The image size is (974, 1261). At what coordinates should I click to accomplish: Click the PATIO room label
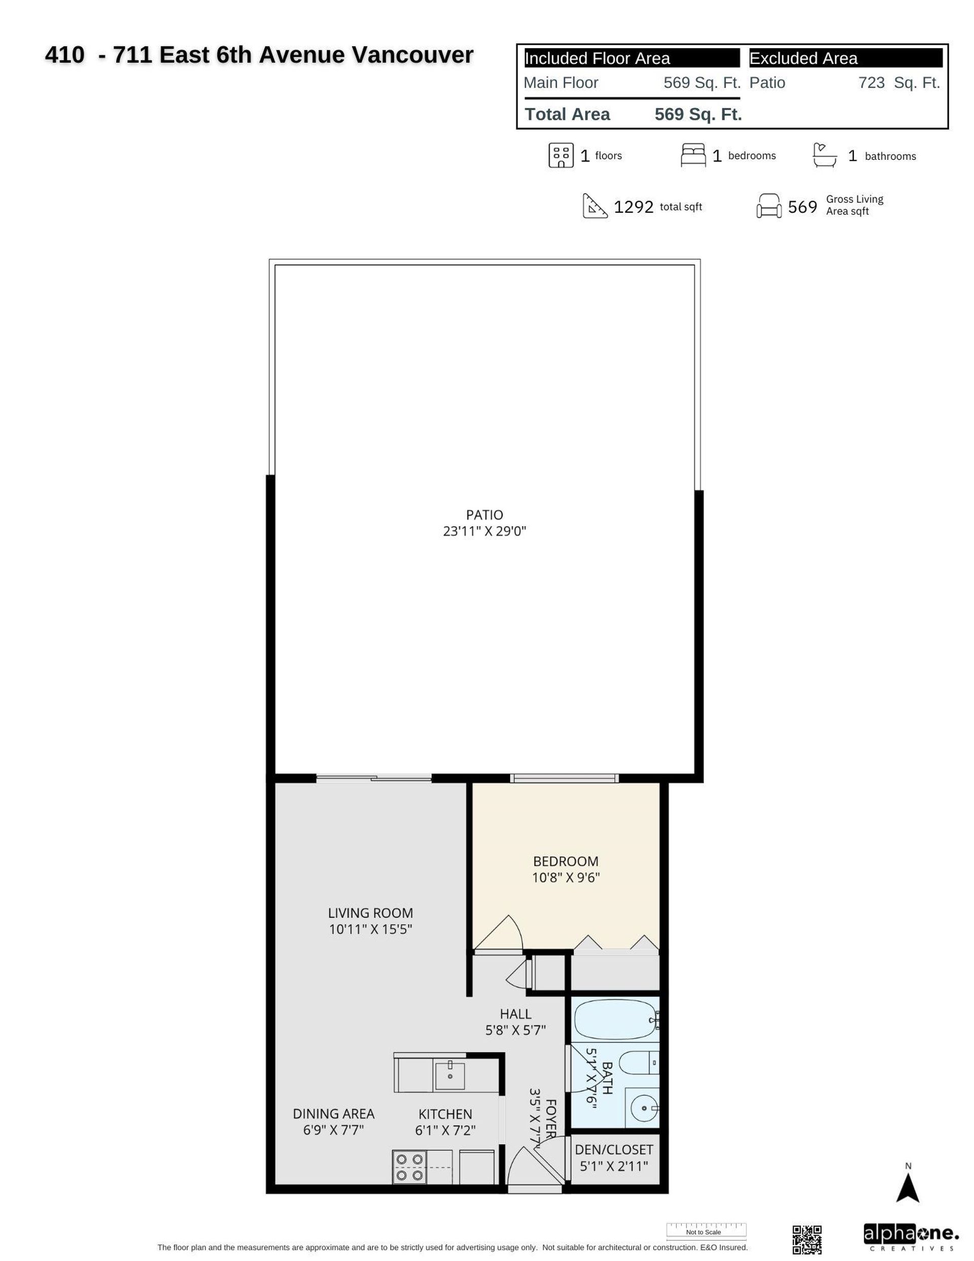coord(484,515)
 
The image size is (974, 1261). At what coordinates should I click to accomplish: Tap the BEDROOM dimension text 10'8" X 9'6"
coord(565,877)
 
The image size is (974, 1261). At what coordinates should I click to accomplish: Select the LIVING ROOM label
coord(370,913)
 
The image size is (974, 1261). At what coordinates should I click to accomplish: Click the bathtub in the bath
coord(613,1021)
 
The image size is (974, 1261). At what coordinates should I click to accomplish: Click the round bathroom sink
coord(643,1107)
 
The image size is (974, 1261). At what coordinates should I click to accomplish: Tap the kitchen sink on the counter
coord(449,1075)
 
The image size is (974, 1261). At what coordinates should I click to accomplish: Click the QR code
coord(806,1239)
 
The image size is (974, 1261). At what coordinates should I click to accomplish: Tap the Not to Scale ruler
coord(706,1231)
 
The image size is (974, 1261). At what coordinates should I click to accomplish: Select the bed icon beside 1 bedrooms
coord(693,155)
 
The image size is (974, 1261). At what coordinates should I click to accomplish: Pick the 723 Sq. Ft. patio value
coord(898,83)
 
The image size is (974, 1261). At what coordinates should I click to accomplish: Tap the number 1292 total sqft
coord(634,207)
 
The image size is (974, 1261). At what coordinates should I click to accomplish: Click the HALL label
coord(515,1014)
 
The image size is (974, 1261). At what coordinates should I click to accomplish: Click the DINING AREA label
coord(333,1114)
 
